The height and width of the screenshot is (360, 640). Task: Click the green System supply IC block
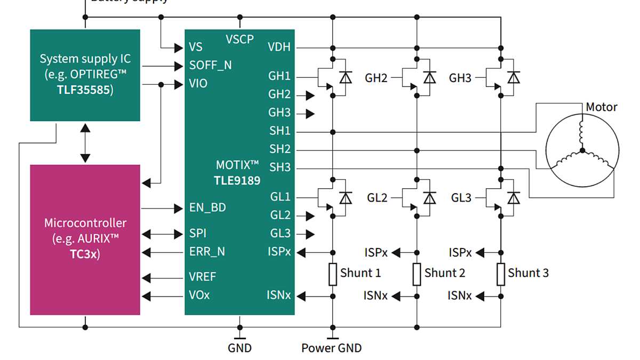(x=85, y=75)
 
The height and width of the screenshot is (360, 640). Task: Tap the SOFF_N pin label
(x=210, y=66)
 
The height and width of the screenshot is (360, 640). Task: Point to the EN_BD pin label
(x=207, y=207)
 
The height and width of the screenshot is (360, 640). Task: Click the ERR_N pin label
(x=207, y=252)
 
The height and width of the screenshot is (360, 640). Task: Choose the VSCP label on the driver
(x=239, y=39)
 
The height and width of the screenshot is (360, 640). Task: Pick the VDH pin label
(x=279, y=47)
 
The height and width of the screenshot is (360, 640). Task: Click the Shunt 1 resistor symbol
(x=332, y=274)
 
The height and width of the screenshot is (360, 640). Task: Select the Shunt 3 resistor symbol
(x=501, y=274)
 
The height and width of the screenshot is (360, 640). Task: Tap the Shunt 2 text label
(x=445, y=273)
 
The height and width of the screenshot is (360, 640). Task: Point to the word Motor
(x=601, y=107)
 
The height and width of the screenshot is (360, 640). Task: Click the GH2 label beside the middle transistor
(x=376, y=78)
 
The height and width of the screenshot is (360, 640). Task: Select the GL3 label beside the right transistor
(x=461, y=198)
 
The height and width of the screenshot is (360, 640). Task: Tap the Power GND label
(x=331, y=348)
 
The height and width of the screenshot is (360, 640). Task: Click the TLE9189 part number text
(x=238, y=180)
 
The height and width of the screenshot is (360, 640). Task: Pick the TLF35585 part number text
(x=85, y=90)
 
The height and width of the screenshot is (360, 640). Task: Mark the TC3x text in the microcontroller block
(x=85, y=253)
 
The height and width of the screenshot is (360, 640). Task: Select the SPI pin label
(x=198, y=234)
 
